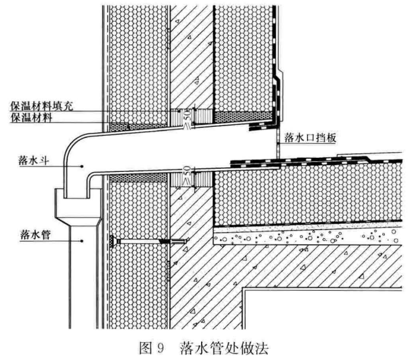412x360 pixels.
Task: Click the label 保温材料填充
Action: pyautogui.click(x=41, y=106)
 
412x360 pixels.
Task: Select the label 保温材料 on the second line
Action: pyautogui.click(x=32, y=118)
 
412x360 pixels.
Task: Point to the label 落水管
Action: pyautogui.click(x=35, y=234)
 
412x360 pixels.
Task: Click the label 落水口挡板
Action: pyautogui.click(x=310, y=138)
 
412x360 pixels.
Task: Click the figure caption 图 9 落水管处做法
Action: pyautogui.click(x=204, y=348)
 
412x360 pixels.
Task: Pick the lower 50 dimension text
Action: pyautogui.click(x=187, y=171)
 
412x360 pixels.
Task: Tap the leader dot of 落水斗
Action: pyautogui.click(x=82, y=166)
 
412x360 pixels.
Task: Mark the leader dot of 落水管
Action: pyautogui.click(x=82, y=241)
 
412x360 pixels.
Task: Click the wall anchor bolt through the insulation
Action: pyautogui.click(x=149, y=241)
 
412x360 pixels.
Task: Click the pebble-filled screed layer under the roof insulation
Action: pyautogui.click(x=307, y=236)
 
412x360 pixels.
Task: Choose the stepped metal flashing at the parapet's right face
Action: pyautogui.click(x=279, y=95)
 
